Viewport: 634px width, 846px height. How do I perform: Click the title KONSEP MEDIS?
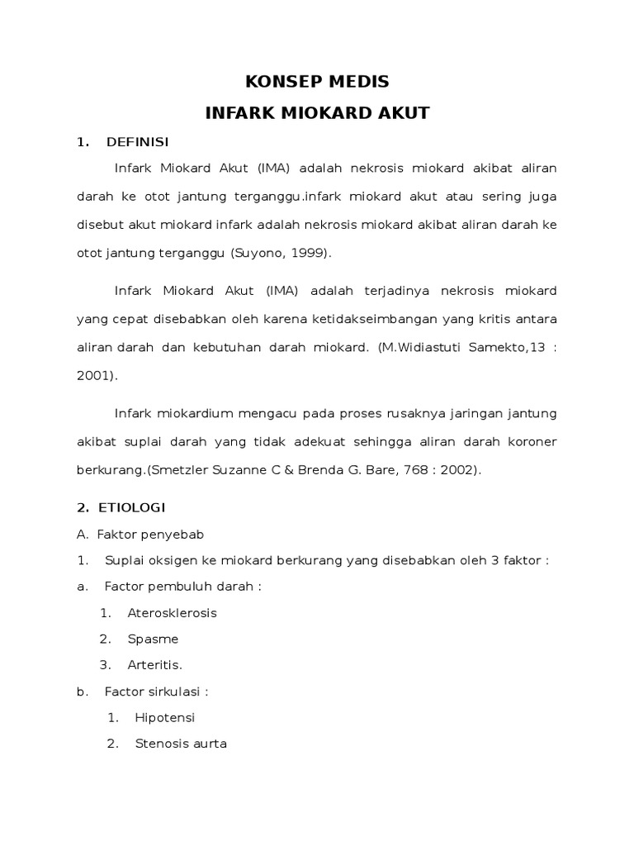(317, 82)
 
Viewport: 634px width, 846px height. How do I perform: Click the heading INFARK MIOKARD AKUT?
(317, 113)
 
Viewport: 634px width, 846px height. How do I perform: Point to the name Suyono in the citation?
(258, 254)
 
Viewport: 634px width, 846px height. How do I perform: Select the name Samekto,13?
(506, 348)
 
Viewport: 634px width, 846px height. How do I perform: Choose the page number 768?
(401, 470)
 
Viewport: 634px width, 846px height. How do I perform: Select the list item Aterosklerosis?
(173, 613)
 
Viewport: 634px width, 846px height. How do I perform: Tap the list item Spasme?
(153, 639)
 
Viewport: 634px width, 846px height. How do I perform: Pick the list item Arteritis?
(154, 664)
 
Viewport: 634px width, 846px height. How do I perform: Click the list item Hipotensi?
(165, 717)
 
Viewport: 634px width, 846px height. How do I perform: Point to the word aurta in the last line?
(210, 744)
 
